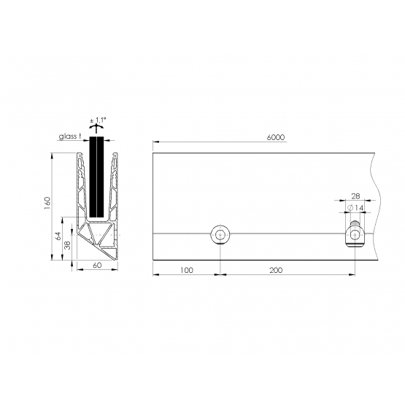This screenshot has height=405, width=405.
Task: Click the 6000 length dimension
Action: click(276, 137)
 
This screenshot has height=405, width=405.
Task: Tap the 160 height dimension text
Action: click(47, 203)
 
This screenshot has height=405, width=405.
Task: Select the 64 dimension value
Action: click(58, 236)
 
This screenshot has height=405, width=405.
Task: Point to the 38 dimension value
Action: click(67, 245)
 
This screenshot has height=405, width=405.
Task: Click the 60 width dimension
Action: click(97, 265)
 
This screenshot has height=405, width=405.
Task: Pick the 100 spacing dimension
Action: click(187, 270)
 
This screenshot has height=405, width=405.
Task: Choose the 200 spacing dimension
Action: click(276, 270)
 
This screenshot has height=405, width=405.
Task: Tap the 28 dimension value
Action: click(355, 196)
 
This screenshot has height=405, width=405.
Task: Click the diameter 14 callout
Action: click(355, 208)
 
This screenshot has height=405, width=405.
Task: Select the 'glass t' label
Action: click(69, 136)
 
